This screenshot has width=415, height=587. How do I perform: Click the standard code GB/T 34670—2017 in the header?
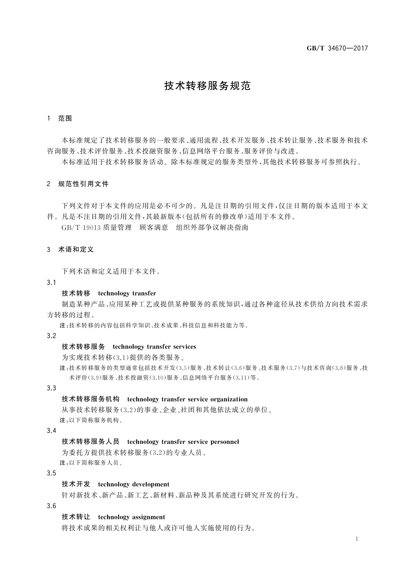pos(337,48)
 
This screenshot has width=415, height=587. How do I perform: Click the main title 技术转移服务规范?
pos(207,86)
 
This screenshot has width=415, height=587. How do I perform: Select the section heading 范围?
pos(65,119)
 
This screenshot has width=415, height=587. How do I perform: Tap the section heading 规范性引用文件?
pos(83,184)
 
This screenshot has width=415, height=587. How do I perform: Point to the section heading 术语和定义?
pos(76,250)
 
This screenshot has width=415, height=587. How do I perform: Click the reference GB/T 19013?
pos(81,228)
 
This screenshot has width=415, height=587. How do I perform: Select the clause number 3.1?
pos(51,282)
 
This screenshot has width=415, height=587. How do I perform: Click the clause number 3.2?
pos(51,336)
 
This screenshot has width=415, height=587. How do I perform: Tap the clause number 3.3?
pos(51,388)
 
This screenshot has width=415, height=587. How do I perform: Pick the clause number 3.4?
pos(51,431)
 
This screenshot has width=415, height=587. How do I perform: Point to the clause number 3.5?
pos(51,473)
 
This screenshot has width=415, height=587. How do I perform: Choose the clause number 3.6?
pos(51,506)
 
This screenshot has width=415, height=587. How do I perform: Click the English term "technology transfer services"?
pos(154,347)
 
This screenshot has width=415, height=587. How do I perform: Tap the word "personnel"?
pos(224,442)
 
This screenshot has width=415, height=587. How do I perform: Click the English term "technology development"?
pos(134,484)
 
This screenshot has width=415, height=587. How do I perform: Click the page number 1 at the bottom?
pos(357,539)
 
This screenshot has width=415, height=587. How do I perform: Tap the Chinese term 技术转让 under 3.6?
pos(76,517)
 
